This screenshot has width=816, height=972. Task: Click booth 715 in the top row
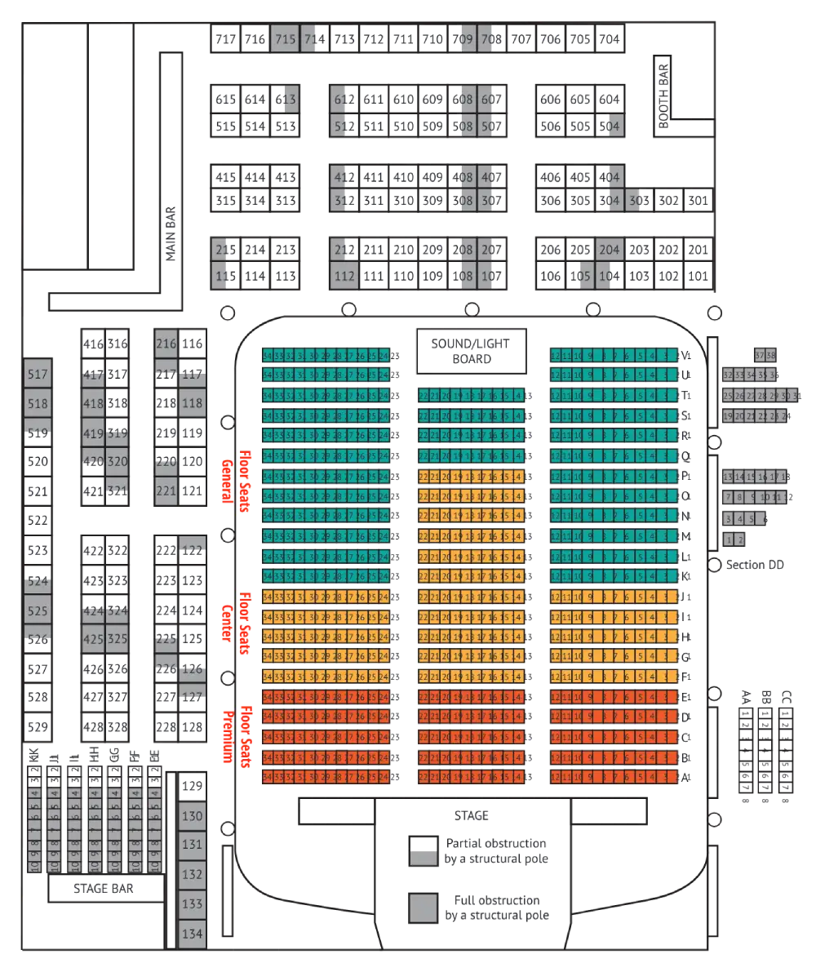pyautogui.click(x=285, y=39)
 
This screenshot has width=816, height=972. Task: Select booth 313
pyautogui.click(x=288, y=100)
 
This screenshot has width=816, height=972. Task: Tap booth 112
pyautogui.click(x=345, y=276)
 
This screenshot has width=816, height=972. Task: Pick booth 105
pyautogui.click(x=583, y=276)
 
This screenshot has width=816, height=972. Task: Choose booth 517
pyautogui.click(x=38, y=375)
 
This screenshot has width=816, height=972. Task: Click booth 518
pyautogui.click(x=38, y=404)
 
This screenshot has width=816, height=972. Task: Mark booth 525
pyautogui.click(x=38, y=610)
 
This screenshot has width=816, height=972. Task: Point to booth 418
pyautogui.click(x=93, y=404)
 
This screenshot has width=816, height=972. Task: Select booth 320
pyautogui.click(x=118, y=462)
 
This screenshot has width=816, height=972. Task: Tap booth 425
pyautogui.click(x=93, y=639)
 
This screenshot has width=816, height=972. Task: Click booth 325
pyautogui.click(x=118, y=639)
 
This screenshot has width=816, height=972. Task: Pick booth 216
pyautogui.click(x=166, y=344)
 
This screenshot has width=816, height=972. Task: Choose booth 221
pyautogui.click(x=166, y=492)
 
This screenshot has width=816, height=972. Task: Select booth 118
pyautogui.click(x=192, y=403)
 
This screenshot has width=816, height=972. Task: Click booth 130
pyautogui.click(x=192, y=816)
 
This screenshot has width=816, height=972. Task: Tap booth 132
pyautogui.click(x=192, y=875)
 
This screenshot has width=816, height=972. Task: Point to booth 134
pyautogui.click(x=192, y=934)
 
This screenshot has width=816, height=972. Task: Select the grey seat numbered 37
pyautogui.click(x=760, y=355)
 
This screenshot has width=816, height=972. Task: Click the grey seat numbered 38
pyautogui.click(x=770, y=355)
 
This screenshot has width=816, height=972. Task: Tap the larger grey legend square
pyautogui.click(x=422, y=908)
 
